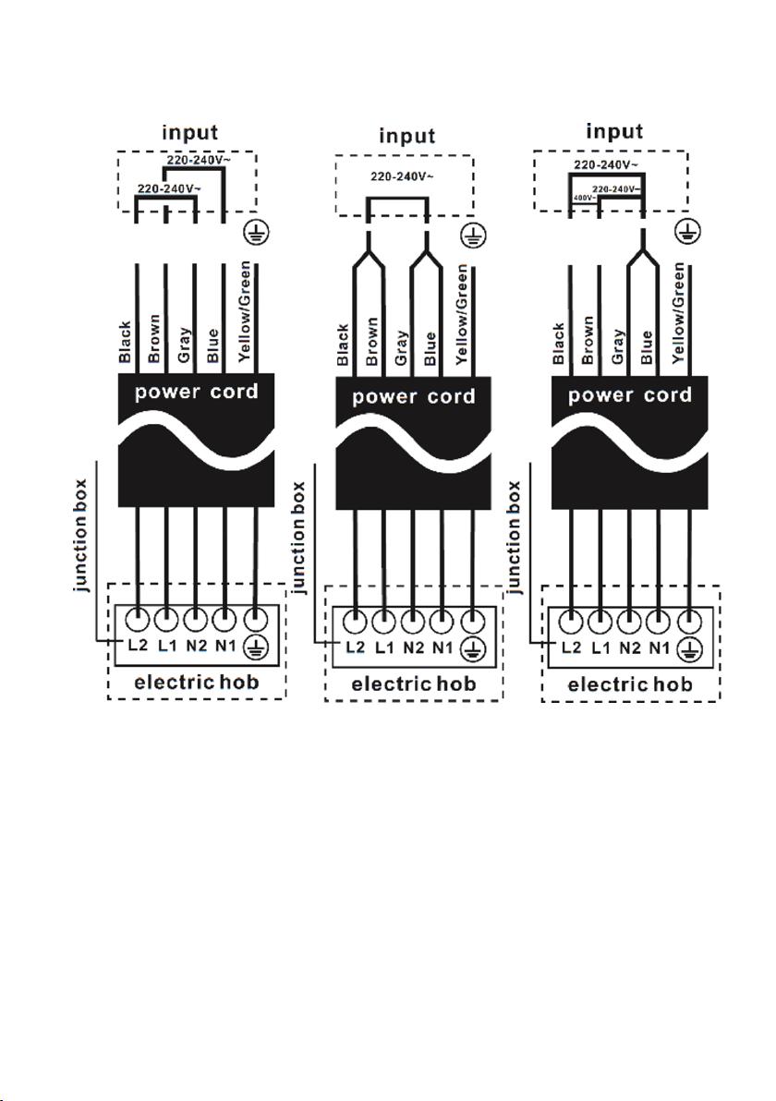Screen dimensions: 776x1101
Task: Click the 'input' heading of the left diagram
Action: (x=189, y=133)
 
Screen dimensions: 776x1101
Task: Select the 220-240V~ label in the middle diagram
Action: (x=403, y=175)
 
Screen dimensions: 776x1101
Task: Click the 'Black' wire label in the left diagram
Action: (x=125, y=342)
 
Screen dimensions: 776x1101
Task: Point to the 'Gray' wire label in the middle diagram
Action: (x=401, y=347)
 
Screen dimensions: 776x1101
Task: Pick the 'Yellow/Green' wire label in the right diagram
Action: (x=678, y=312)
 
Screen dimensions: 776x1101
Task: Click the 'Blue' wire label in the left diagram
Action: (x=212, y=345)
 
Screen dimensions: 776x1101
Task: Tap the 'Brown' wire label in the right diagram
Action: (x=588, y=340)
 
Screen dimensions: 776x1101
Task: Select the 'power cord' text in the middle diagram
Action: (x=414, y=397)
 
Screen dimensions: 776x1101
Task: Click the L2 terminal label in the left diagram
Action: (x=138, y=644)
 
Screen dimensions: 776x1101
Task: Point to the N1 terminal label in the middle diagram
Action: (x=443, y=647)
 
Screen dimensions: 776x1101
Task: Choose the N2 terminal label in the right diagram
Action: (x=629, y=647)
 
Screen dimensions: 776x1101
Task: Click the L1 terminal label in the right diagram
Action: (x=601, y=647)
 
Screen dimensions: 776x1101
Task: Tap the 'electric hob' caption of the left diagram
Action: (x=197, y=682)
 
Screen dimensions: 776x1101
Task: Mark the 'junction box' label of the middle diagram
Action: (x=300, y=538)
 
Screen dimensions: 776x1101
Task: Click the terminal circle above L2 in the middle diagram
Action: (x=357, y=621)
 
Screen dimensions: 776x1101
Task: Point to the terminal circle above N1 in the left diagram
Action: (x=224, y=619)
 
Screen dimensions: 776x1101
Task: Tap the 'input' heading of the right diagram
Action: (x=614, y=131)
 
